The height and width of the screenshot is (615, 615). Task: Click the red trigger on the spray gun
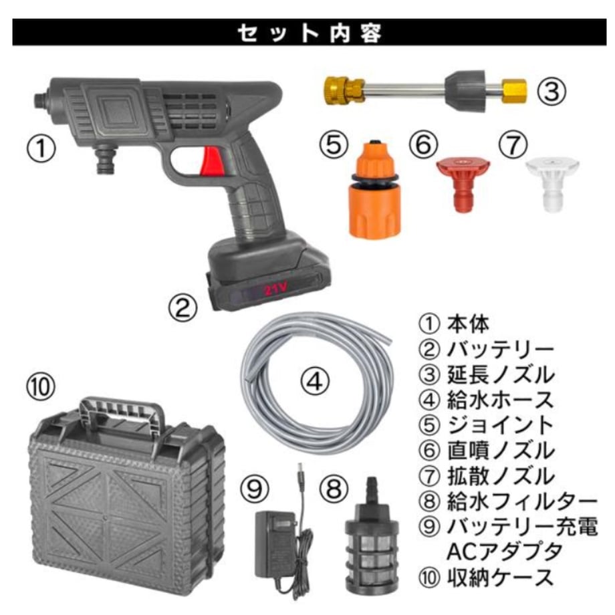point(211,162)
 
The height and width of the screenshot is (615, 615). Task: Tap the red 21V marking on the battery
point(275,289)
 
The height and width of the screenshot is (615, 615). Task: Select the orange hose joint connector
point(374,189)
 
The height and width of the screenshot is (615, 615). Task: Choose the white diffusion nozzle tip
point(552,184)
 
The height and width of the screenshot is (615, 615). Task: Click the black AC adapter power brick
point(275,545)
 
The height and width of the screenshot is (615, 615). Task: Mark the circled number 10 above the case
point(41,386)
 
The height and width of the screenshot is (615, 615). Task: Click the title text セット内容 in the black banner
point(310,33)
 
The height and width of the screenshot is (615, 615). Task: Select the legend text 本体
point(469,324)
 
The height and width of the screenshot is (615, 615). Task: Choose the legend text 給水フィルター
point(522,501)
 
